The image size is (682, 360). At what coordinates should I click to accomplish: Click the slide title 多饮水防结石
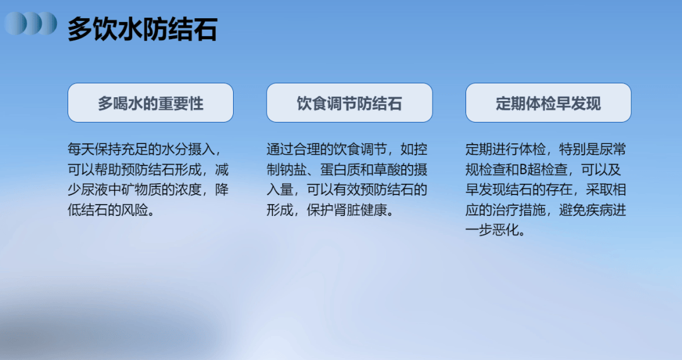142,29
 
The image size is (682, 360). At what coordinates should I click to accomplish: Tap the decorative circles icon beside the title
30,23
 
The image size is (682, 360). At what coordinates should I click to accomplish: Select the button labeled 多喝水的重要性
150,102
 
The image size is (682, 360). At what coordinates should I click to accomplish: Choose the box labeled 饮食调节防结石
349,102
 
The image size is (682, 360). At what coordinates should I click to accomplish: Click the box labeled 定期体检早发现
548,102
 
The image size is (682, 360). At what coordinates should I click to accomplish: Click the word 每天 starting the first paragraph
81,149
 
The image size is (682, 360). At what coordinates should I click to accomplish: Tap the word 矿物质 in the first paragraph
141,189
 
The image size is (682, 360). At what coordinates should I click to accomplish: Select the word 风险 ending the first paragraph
135,210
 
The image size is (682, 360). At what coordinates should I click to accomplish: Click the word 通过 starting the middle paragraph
280,149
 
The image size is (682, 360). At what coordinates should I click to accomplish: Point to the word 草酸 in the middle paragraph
388,169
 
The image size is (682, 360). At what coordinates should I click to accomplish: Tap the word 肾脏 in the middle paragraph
347,210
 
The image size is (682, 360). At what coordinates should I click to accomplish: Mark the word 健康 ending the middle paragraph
374,210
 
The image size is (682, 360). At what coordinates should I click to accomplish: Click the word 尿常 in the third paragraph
613,149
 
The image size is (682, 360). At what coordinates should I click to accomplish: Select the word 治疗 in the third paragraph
505,210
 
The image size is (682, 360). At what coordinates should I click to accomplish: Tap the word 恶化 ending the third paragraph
505,230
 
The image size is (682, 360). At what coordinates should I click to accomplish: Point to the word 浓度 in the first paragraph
188,189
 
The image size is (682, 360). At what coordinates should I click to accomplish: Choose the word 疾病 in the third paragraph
599,210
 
